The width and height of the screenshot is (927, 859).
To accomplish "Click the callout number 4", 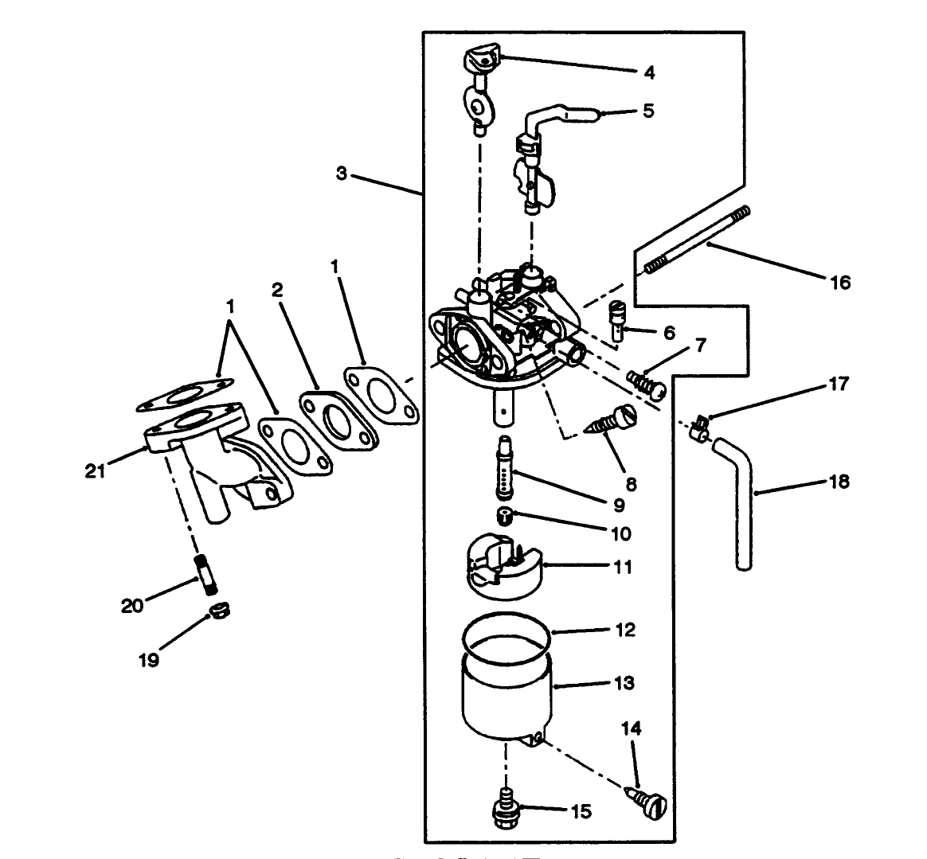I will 649,72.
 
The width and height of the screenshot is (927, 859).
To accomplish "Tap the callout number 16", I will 839,282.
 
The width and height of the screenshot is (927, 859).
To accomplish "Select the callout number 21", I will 96,471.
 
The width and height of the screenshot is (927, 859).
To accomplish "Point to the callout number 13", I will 624,682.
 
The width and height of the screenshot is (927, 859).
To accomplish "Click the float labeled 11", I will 503,567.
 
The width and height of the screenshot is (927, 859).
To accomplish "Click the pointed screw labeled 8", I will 613,422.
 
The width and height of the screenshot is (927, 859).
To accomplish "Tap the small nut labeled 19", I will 217,612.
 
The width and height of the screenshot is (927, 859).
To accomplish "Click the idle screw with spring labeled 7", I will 646,384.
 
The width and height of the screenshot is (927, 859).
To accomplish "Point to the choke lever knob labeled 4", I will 480,58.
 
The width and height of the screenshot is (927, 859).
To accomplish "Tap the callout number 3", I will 342,174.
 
